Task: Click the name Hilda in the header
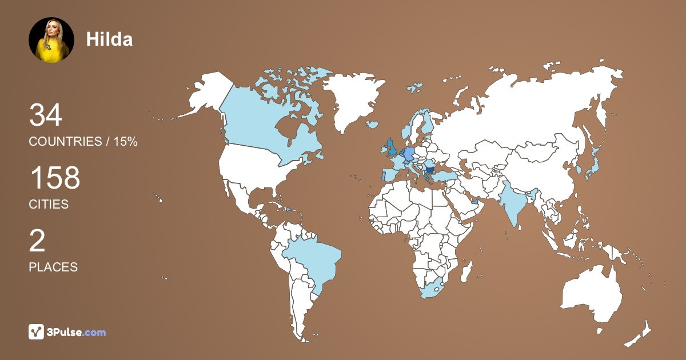pyautogui.click(x=109, y=39)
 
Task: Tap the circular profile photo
pyautogui.click(x=51, y=39)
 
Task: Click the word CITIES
pyautogui.click(x=49, y=204)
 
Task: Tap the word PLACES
pyautogui.click(x=53, y=267)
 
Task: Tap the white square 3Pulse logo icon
pyautogui.click(x=37, y=332)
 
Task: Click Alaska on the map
pyautogui.click(x=206, y=94)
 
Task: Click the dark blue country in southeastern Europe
pyautogui.click(x=430, y=169)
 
